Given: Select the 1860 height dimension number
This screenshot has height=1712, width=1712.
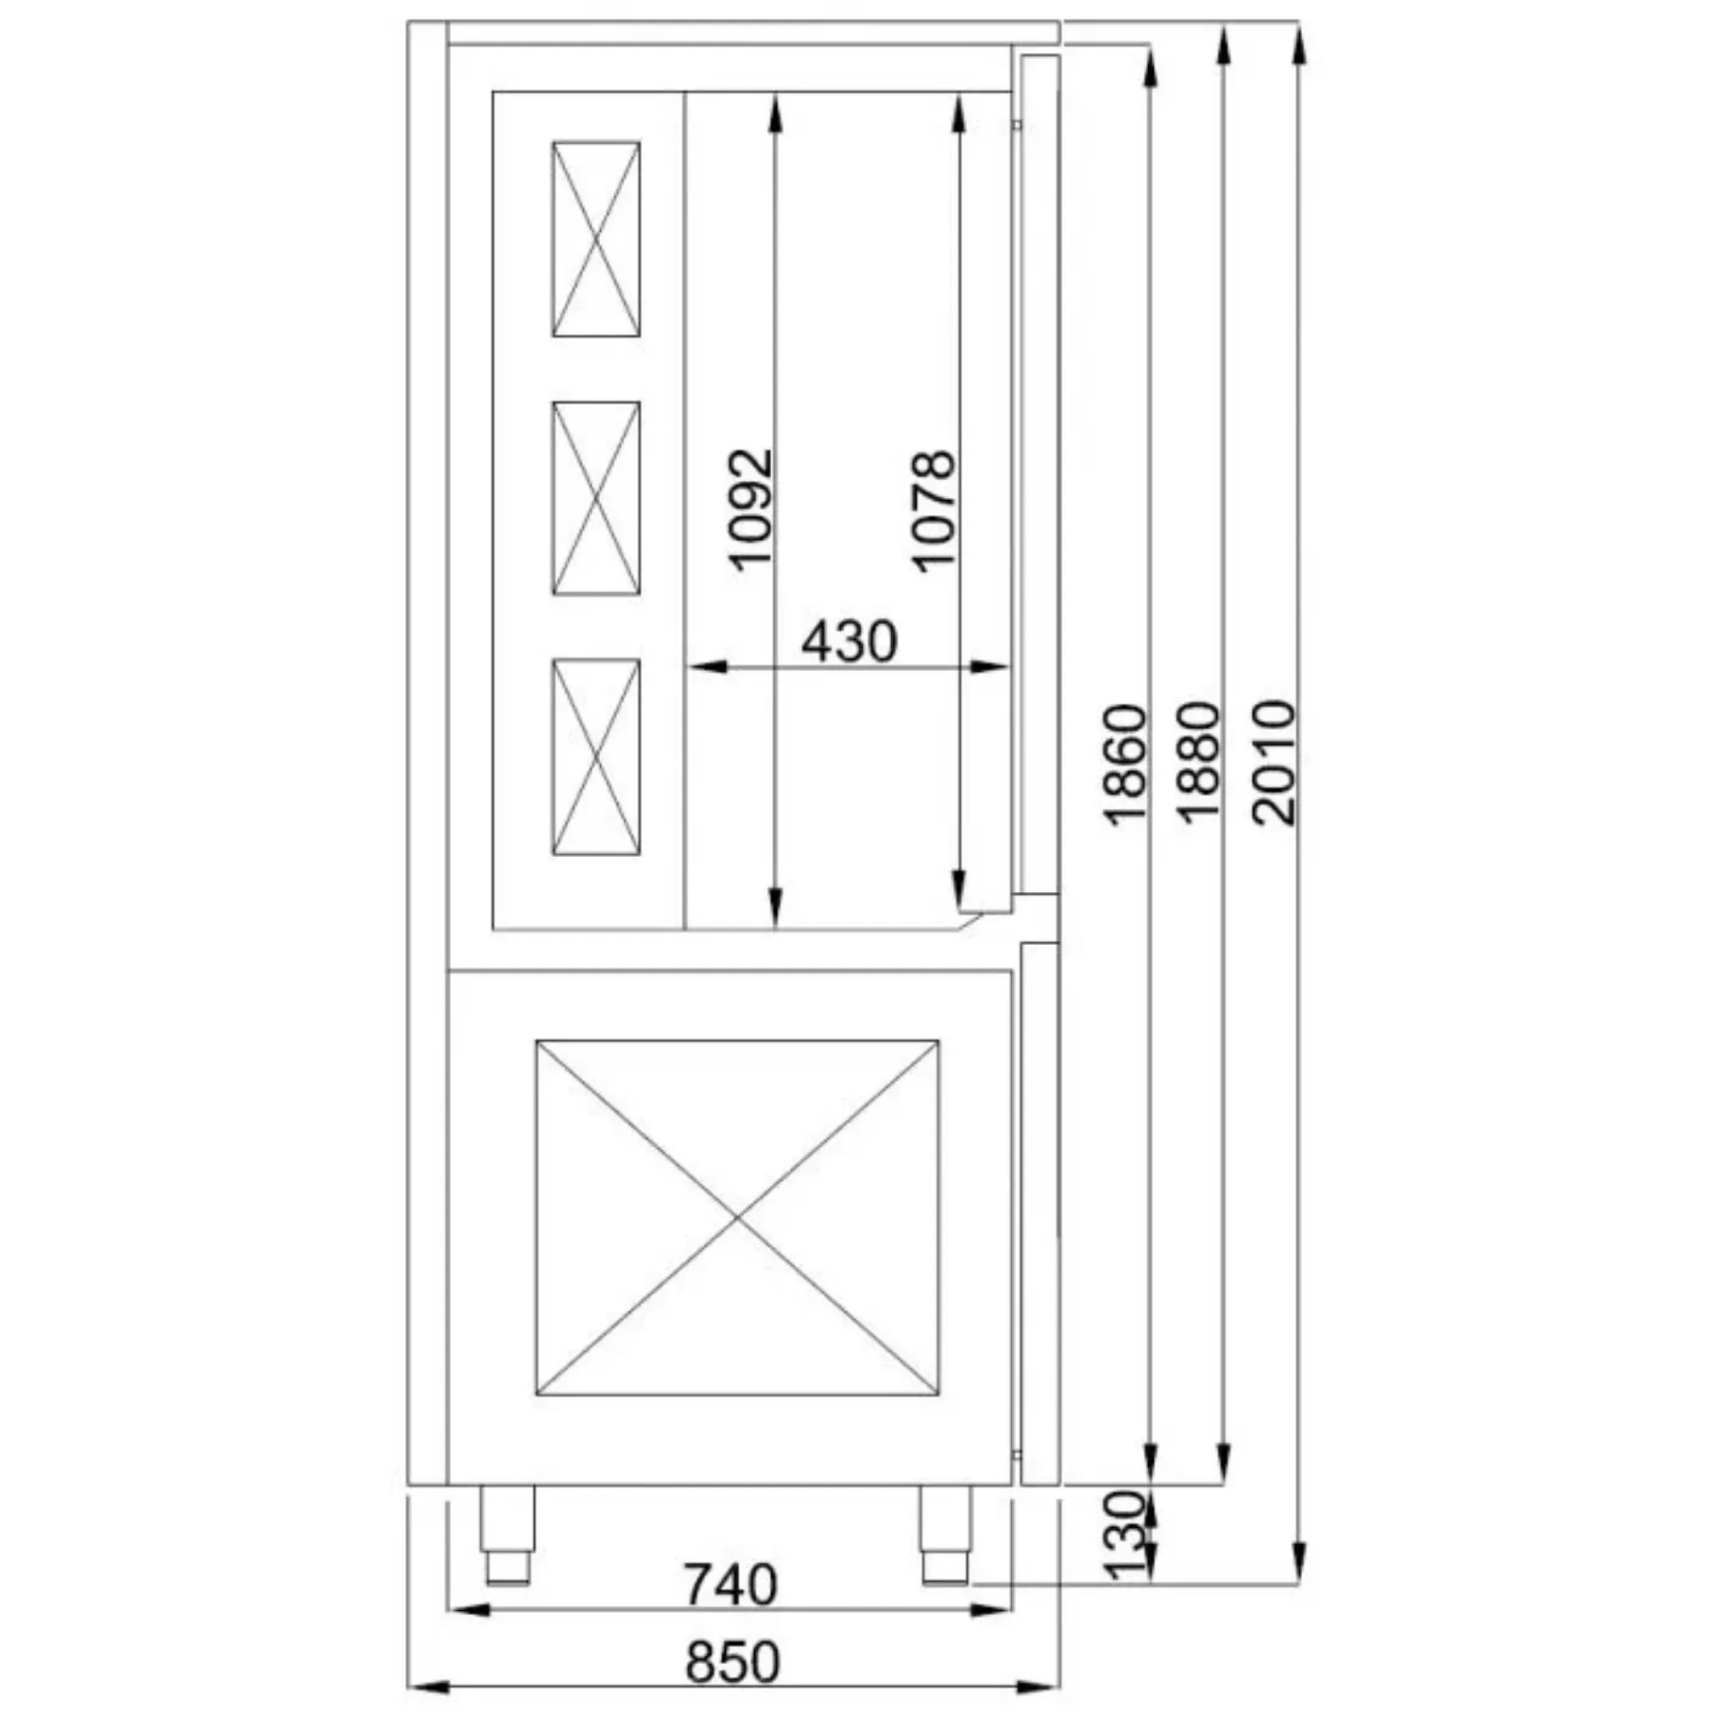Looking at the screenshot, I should click(x=1126, y=764).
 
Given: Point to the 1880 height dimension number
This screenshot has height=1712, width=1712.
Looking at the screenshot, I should click(x=1200, y=763).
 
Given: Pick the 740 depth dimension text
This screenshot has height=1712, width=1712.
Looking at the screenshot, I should click(x=730, y=1585).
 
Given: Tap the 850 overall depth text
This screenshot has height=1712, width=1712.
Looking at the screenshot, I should click(x=732, y=1662).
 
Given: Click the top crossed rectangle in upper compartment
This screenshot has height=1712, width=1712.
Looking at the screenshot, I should click(x=596, y=240).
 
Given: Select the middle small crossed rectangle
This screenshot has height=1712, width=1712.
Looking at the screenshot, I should click(x=596, y=498).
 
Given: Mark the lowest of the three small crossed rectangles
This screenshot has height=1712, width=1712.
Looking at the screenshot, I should click(x=596, y=757).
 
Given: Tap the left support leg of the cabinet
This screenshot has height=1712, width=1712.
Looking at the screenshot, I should click(x=508, y=1534).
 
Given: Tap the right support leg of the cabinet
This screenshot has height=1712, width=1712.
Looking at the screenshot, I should click(x=945, y=1534).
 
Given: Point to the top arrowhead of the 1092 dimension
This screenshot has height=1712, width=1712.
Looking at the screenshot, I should click(x=775, y=110).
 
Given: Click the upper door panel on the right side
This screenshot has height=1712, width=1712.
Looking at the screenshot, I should click(x=1039, y=474).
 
